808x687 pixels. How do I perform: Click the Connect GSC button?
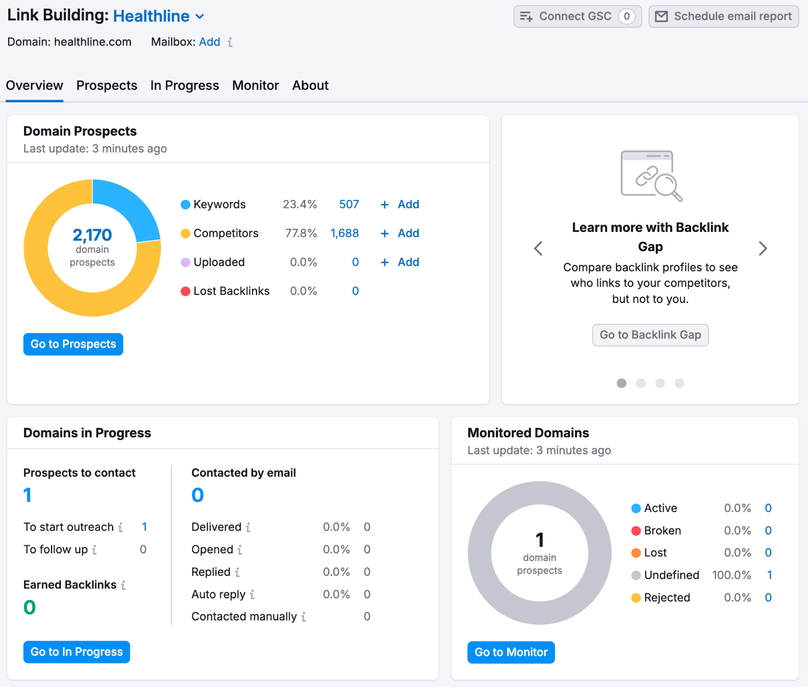click(x=577, y=17)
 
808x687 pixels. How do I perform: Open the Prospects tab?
click(x=107, y=85)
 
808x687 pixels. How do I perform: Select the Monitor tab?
click(x=255, y=85)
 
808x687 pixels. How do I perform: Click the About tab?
click(x=310, y=85)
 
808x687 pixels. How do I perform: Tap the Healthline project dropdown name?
click(x=151, y=16)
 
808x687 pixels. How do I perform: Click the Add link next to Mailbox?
click(x=210, y=42)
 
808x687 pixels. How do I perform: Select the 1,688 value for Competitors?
click(x=344, y=233)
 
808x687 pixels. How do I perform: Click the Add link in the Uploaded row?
click(x=408, y=262)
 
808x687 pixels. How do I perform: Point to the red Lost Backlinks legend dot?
click(x=185, y=291)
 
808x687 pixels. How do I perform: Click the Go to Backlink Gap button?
click(x=650, y=335)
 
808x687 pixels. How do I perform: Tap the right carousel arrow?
click(x=763, y=248)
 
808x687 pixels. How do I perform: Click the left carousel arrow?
click(x=538, y=248)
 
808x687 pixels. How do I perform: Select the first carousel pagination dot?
click(x=622, y=383)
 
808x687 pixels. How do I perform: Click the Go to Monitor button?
click(x=511, y=652)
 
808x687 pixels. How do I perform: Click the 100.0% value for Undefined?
click(x=731, y=575)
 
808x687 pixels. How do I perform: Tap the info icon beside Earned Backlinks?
click(x=123, y=585)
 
